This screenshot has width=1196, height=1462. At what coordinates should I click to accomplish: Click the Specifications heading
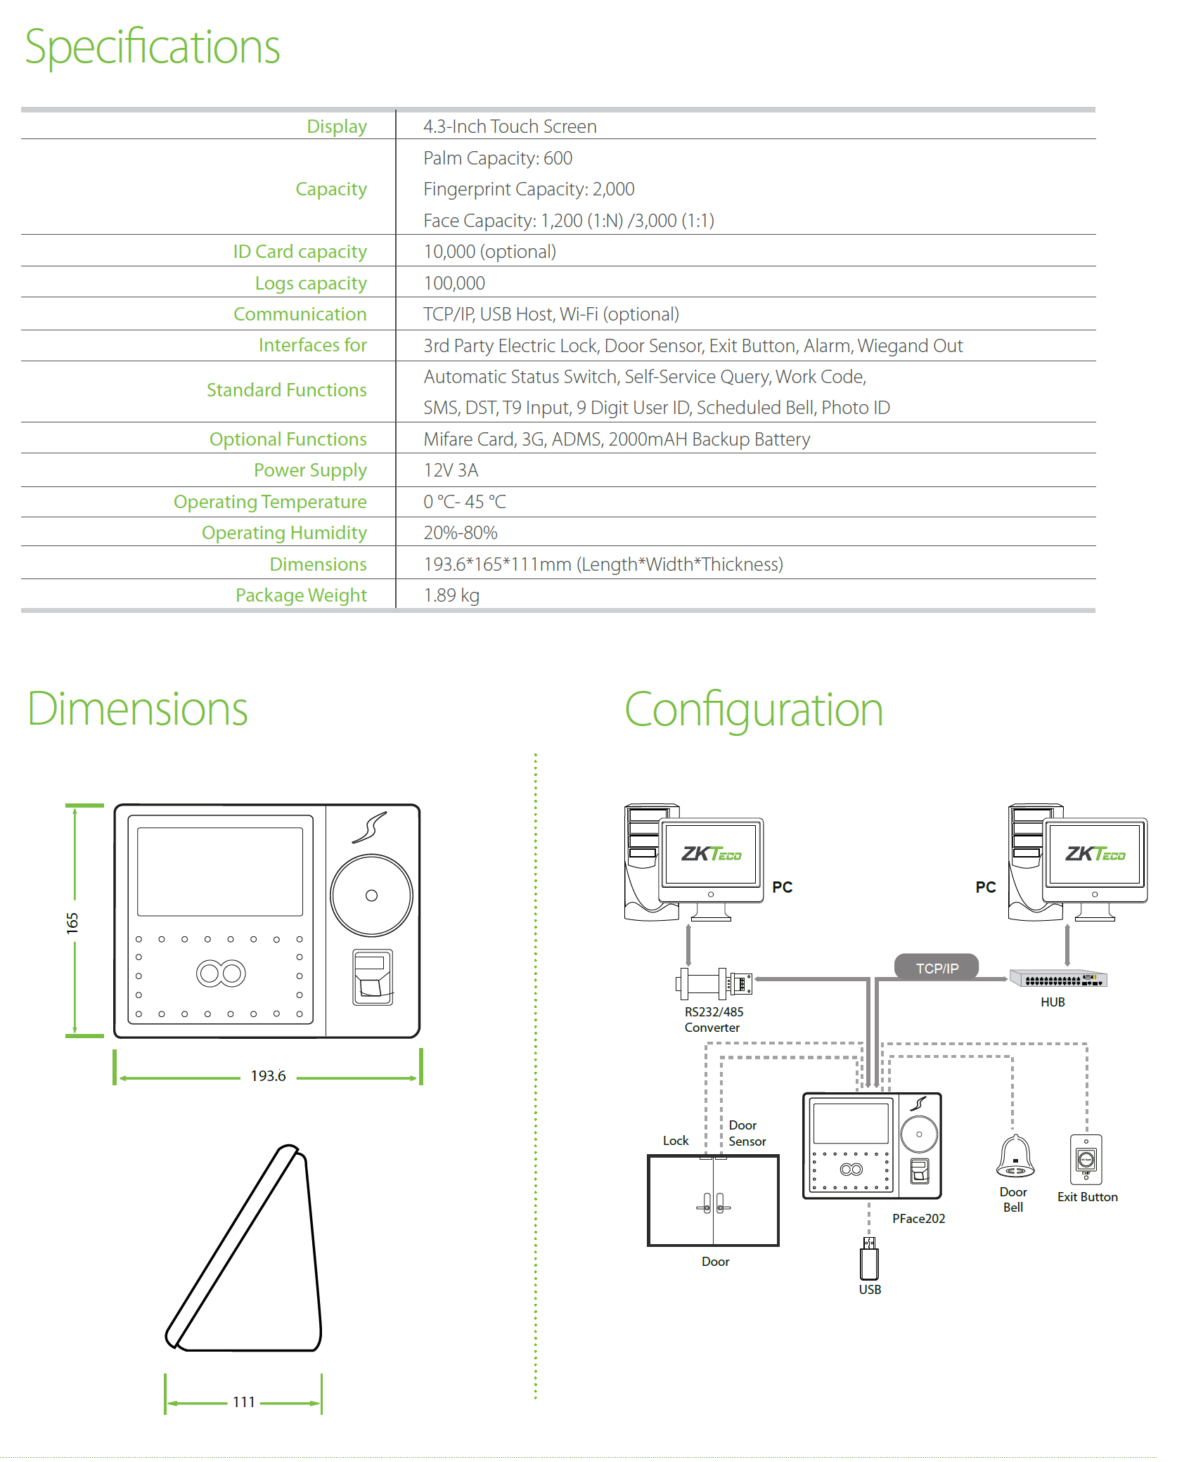[153, 47]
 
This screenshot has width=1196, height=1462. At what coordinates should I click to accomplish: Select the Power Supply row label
[310, 470]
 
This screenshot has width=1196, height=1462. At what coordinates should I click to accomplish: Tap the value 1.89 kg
[451, 595]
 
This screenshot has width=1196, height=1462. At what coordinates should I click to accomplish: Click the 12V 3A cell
[451, 470]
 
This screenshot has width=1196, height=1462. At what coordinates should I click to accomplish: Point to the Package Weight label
[301, 595]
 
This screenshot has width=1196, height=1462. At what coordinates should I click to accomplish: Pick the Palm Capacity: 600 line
[498, 158]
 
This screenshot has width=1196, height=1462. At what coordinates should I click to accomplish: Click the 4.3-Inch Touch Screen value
[510, 127]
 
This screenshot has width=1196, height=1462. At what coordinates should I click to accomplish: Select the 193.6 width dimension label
[268, 1076]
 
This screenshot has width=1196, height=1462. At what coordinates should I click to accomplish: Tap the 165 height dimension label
[72, 923]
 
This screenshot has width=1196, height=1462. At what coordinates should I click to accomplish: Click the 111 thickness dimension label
[244, 1402]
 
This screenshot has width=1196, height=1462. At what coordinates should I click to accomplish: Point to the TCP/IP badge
[937, 968]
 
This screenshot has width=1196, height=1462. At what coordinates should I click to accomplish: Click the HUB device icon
[1058, 978]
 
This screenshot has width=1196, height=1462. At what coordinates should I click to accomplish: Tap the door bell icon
[1015, 1156]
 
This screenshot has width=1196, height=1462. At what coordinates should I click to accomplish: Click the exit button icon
[1086, 1159]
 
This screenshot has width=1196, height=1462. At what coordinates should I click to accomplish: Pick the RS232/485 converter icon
[714, 983]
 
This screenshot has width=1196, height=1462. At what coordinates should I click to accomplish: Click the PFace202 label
[918, 1219]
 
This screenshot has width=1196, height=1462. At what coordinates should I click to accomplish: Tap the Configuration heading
[753, 710]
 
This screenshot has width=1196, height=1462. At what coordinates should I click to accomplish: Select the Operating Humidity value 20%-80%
[461, 533]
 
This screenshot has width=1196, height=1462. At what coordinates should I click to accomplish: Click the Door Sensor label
[747, 1133]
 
